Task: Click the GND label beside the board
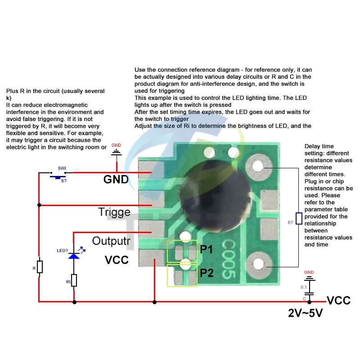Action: pyautogui.click(x=116, y=180)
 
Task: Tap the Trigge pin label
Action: pyautogui.click(x=114, y=211)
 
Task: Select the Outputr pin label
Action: pyautogui.click(x=111, y=241)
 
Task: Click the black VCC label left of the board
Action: pyautogui.click(x=117, y=260)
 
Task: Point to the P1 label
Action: pyautogui.click(x=207, y=250)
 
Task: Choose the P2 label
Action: pyautogui.click(x=207, y=273)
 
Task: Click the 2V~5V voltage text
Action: pyautogui.click(x=306, y=313)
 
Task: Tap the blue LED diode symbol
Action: pyautogui.click(x=73, y=255)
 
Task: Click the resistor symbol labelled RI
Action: pyautogui.click(x=74, y=280)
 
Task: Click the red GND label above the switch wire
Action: pyautogui.click(x=116, y=145)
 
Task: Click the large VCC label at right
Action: pyautogui.click(x=338, y=301)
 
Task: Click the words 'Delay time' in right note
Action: pyautogui.click(x=319, y=146)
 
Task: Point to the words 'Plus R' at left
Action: pyautogui.click(x=16, y=91)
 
